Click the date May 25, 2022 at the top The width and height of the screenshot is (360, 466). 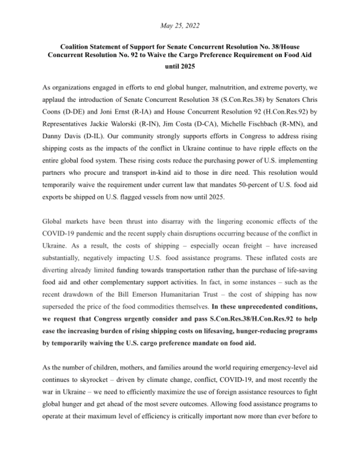[x=179, y=25]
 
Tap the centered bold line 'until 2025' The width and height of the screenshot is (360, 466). [x=179, y=66]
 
